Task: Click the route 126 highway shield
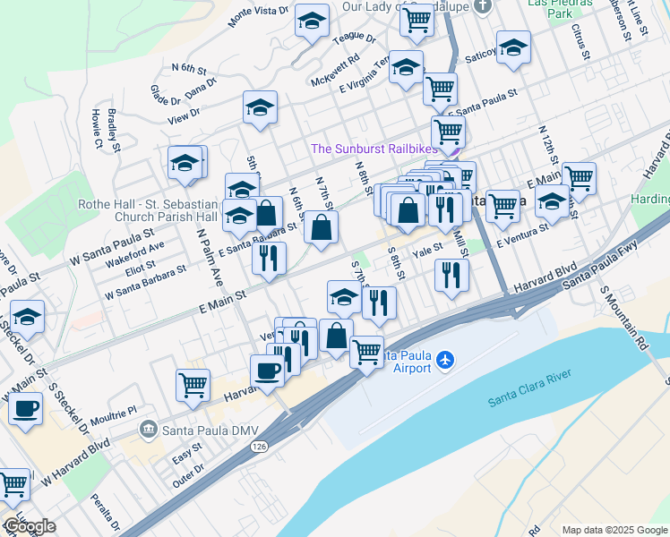click(x=259, y=446)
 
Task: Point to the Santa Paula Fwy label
click(x=604, y=273)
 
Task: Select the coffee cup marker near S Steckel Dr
click(x=25, y=408)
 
